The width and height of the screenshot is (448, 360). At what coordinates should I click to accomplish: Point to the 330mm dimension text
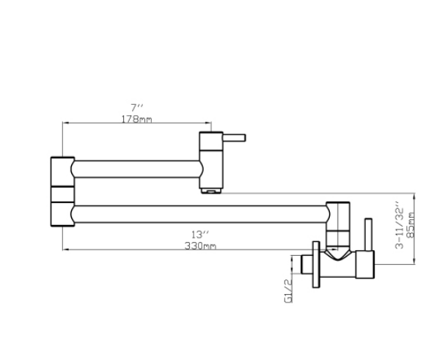click(x=200, y=246)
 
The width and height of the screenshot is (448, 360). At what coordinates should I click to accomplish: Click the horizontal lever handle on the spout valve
click(x=234, y=136)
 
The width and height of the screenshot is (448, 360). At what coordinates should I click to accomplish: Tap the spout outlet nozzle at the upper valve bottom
click(x=211, y=189)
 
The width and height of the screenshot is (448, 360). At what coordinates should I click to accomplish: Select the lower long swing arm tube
click(x=198, y=215)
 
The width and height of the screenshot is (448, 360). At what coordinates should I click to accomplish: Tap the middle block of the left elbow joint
click(x=62, y=194)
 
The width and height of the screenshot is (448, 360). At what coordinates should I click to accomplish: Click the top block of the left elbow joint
click(x=62, y=171)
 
